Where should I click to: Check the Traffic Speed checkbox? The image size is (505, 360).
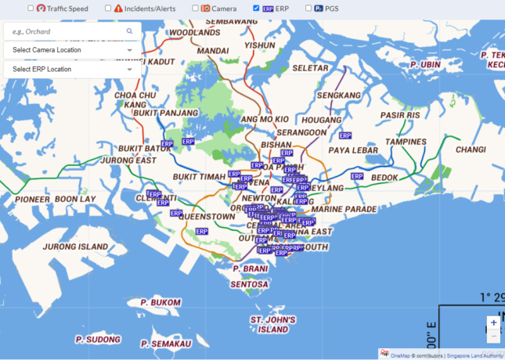pyautogui.click(x=31, y=8)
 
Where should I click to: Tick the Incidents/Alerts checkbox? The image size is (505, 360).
pyautogui.click(x=108, y=8)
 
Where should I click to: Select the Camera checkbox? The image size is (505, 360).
pyautogui.click(x=195, y=8)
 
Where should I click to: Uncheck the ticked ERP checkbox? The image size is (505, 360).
pyautogui.click(x=256, y=8)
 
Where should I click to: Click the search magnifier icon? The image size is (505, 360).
pyautogui.click(x=130, y=31)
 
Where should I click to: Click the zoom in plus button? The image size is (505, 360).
pyautogui.click(x=493, y=322)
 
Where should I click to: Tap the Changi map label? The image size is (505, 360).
pyautogui.click(x=471, y=149)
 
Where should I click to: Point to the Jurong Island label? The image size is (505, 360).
pyautogui.click(x=74, y=247)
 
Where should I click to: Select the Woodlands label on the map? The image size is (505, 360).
pyautogui.click(x=194, y=33)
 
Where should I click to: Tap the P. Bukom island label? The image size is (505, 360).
pyautogui.click(x=161, y=302)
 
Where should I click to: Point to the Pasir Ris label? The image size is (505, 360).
pyautogui.click(x=400, y=115)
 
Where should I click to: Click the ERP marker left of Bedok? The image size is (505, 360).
pyautogui.click(x=357, y=177)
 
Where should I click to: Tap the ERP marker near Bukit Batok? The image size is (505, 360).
pyautogui.click(x=188, y=142)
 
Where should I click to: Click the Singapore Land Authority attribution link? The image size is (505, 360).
pyautogui.click(x=475, y=355)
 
